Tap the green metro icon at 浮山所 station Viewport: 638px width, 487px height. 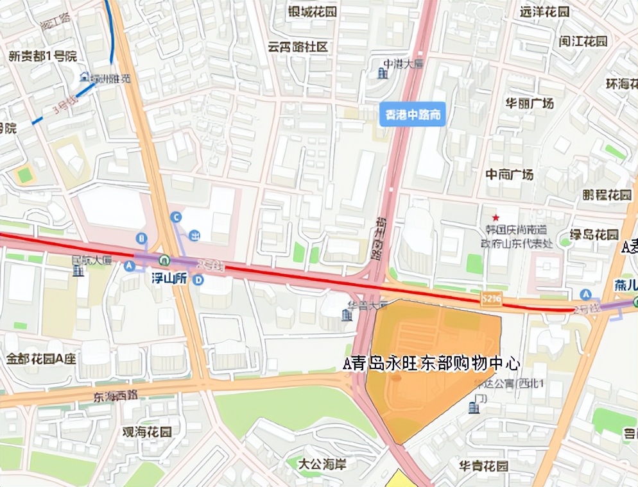pyautogui.click(x=165, y=261)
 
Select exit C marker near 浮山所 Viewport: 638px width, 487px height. pyautogui.click(x=176, y=218)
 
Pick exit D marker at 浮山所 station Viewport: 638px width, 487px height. pyautogui.click(x=199, y=280)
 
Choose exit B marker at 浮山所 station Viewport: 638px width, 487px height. pyautogui.click(x=142, y=238)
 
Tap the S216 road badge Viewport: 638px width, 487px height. pyautogui.click(x=491, y=299)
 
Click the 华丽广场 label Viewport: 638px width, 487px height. pyautogui.click(x=529, y=103)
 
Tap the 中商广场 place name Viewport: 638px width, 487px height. pyautogui.click(x=509, y=174)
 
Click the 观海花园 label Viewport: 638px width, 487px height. pyautogui.click(x=147, y=432)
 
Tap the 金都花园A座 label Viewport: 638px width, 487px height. pyautogui.click(x=42, y=359)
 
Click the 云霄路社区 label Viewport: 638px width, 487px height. pyautogui.click(x=298, y=47)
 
